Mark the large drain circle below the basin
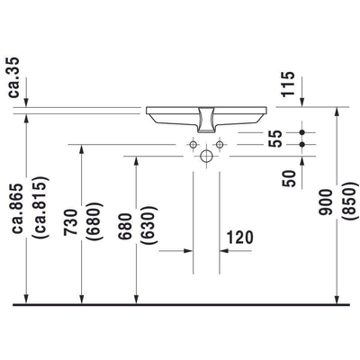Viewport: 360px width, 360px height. click(x=207, y=157)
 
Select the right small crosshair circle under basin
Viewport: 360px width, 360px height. click(x=219, y=144)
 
